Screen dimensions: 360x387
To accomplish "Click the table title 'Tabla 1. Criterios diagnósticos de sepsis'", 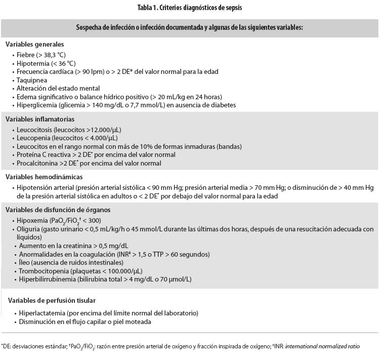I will (193, 8).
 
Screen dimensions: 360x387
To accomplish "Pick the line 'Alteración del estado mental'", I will (58, 88).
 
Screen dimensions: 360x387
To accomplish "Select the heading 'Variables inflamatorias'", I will (40, 119).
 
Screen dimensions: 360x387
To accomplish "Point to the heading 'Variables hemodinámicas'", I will (44, 177).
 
